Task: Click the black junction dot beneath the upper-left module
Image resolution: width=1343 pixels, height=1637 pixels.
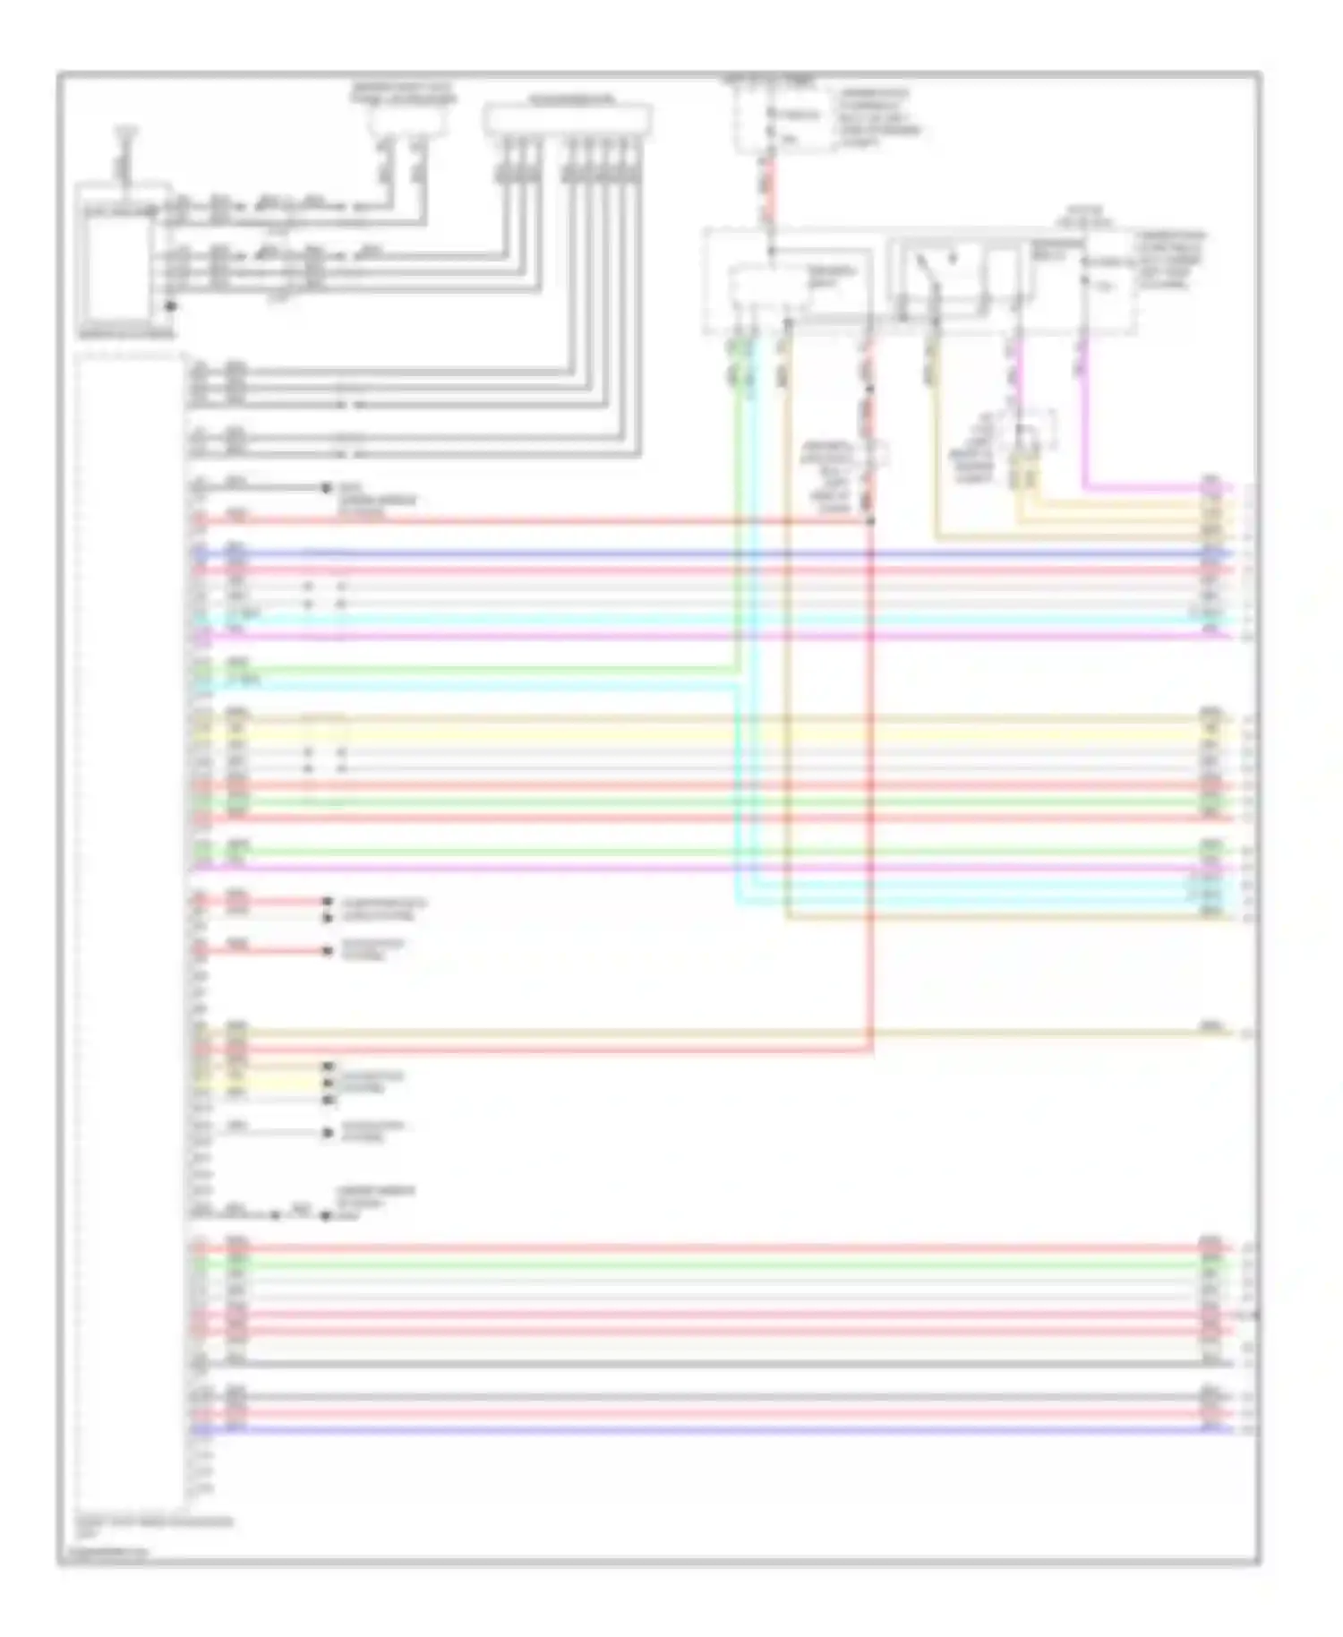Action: tap(169, 306)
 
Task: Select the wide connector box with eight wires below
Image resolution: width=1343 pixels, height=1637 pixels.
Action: tap(567, 119)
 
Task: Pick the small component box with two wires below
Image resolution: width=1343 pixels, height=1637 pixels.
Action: tap(408, 119)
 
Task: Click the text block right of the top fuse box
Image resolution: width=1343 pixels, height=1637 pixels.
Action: tap(877, 116)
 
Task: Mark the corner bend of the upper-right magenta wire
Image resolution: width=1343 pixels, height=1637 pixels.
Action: tap(1085, 488)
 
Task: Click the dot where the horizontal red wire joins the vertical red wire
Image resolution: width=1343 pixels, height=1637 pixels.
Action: tap(870, 519)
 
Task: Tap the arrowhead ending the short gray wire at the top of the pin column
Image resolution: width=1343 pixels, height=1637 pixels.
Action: tap(326, 488)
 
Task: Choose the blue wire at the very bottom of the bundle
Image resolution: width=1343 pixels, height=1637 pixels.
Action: tap(698, 1430)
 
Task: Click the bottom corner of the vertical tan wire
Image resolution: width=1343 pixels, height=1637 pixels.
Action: tap(787, 917)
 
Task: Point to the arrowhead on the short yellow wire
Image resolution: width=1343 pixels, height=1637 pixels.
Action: tap(328, 1083)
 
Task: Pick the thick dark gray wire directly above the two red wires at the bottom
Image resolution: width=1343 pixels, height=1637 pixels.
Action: tap(698, 1397)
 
